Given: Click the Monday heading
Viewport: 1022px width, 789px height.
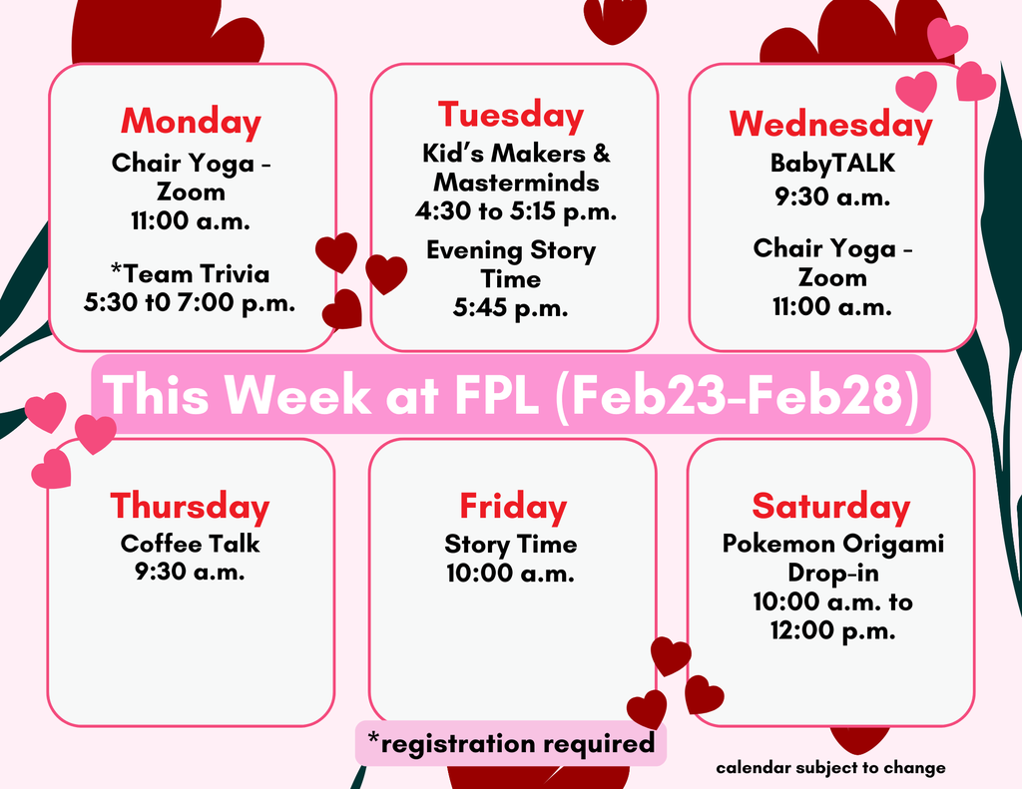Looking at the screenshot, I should [191, 122].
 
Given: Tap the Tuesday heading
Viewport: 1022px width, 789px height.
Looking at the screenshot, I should [511, 115].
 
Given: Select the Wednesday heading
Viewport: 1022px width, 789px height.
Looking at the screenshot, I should [830, 124].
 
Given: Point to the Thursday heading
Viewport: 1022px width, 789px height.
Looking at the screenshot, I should [190, 507].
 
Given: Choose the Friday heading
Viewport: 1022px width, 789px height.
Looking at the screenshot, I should [512, 507].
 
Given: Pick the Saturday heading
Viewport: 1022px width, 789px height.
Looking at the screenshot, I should [830, 507].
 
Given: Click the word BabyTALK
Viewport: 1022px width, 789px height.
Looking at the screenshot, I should [832, 164].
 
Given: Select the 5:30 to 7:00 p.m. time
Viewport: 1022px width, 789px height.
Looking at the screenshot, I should [190, 303].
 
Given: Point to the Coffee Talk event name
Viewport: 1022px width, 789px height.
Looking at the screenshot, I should [190, 544].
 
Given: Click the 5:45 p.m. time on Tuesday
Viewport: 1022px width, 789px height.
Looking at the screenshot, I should [510, 308].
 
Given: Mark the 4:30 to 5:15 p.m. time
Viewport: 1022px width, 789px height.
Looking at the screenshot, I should [515, 211].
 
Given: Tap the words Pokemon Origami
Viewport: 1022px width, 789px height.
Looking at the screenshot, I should [832, 544].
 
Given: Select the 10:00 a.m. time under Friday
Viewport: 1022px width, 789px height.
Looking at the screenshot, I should [510, 574].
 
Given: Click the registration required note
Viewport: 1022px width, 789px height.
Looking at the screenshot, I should [510, 743].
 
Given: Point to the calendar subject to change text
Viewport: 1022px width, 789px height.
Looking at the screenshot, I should [830, 768].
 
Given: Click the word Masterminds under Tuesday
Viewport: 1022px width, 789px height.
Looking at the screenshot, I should [516, 183].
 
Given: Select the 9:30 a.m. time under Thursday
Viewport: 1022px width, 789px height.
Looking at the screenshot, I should [190, 573].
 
